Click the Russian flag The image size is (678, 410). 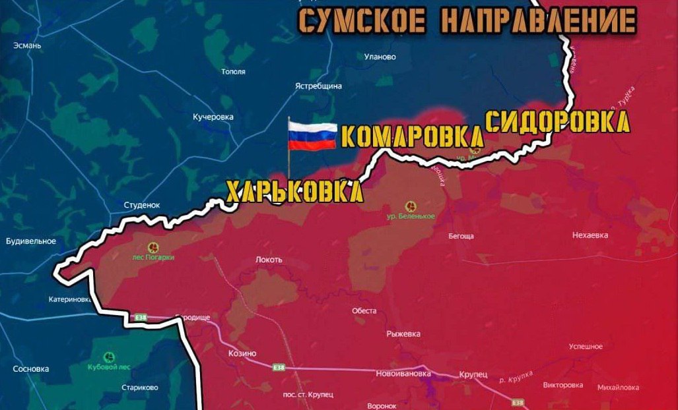click(x=312, y=136)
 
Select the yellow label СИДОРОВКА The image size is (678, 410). click(x=557, y=122)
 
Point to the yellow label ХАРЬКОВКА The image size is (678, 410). click(x=294, y=192)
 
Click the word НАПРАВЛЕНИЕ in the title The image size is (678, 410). click(x=537, y=22)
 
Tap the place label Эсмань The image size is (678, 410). click(x=27, y=45)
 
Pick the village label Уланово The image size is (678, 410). click(x=380, y=57)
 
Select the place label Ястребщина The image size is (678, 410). click(x=319, y=86)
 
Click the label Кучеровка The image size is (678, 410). click(x=213, y=117)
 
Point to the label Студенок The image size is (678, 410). click(x=142, y=205)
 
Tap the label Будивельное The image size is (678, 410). click(x=31, y=241)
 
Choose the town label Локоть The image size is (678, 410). click(x=269, y=260)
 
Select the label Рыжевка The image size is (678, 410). click(x=403, y=334)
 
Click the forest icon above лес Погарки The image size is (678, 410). click(x=153, y=247)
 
